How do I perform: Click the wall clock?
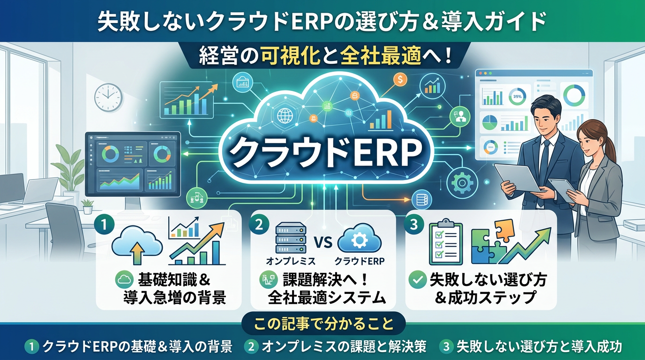coord(108,97)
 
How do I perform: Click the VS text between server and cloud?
coord(323,242)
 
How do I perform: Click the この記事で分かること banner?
coord(323,323)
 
